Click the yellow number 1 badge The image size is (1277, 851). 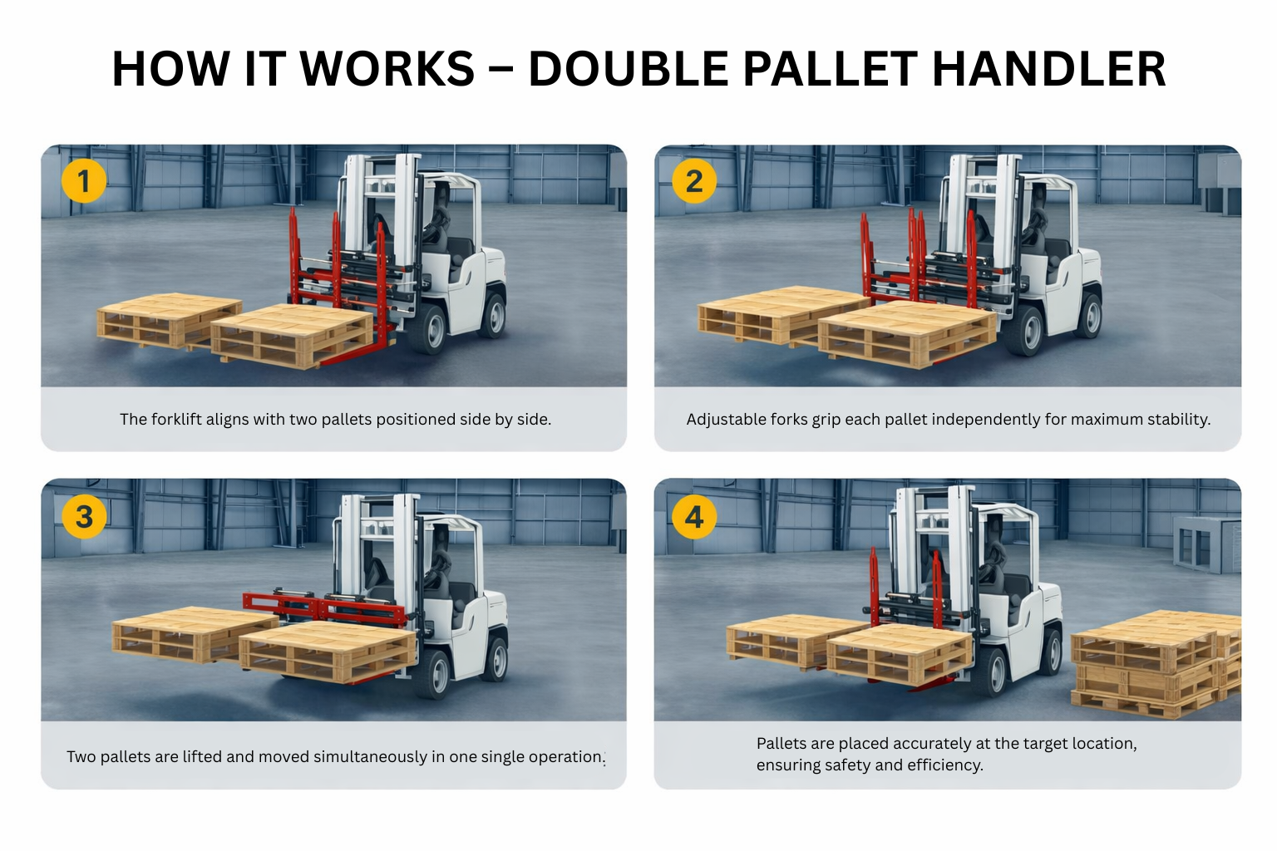(x=83, y=181)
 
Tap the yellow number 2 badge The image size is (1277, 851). (x=694, y=181)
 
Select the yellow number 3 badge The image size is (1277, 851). (x=84, y=516)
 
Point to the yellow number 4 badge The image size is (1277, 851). (x=694, y=517)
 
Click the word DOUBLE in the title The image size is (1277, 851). (x=628, y=69)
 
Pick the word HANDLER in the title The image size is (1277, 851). (x=1049, y=69)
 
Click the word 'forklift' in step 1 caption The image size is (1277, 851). (x=176, y=420)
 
